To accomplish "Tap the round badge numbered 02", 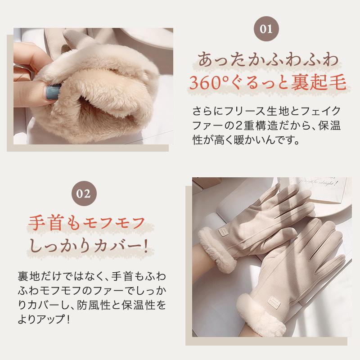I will (x=87, y=194).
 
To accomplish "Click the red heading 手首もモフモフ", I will (x=86, y=223).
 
